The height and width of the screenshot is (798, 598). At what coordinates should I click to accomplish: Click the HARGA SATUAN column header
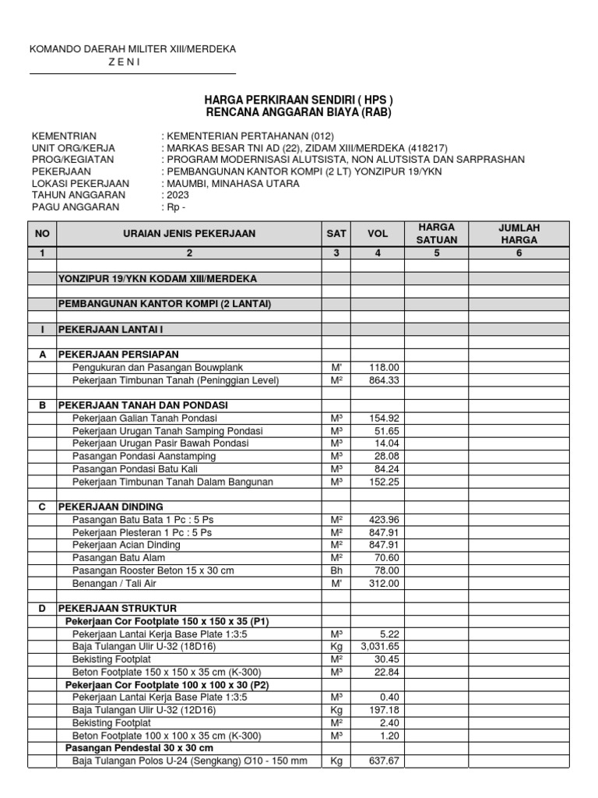(x=438, y=234)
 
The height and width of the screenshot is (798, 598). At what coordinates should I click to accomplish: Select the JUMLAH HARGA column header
(x=519, y=234)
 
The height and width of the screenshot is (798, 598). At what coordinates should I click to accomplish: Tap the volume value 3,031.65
(x=378, y=646)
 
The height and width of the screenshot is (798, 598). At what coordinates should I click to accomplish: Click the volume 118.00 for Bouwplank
(x=383, y=367)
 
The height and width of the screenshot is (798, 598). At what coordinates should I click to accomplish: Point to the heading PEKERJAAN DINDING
(x=111, y=507)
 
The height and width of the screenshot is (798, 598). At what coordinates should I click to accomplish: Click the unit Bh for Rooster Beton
(x=336, y=570)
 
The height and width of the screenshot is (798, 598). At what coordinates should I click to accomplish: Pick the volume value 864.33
(x=383, y=380)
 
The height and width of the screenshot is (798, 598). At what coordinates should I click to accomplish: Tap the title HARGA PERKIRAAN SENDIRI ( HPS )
(x=299, y=101)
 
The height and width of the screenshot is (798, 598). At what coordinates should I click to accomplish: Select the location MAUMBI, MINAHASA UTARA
(x=230, y=183)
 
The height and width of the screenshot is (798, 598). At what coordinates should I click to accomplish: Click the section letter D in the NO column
(x=42, y=608)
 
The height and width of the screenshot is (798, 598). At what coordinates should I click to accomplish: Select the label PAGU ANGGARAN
(x=76, y=207)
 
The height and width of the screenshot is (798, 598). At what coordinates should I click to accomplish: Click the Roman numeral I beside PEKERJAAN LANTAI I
(x=42, y=329)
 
